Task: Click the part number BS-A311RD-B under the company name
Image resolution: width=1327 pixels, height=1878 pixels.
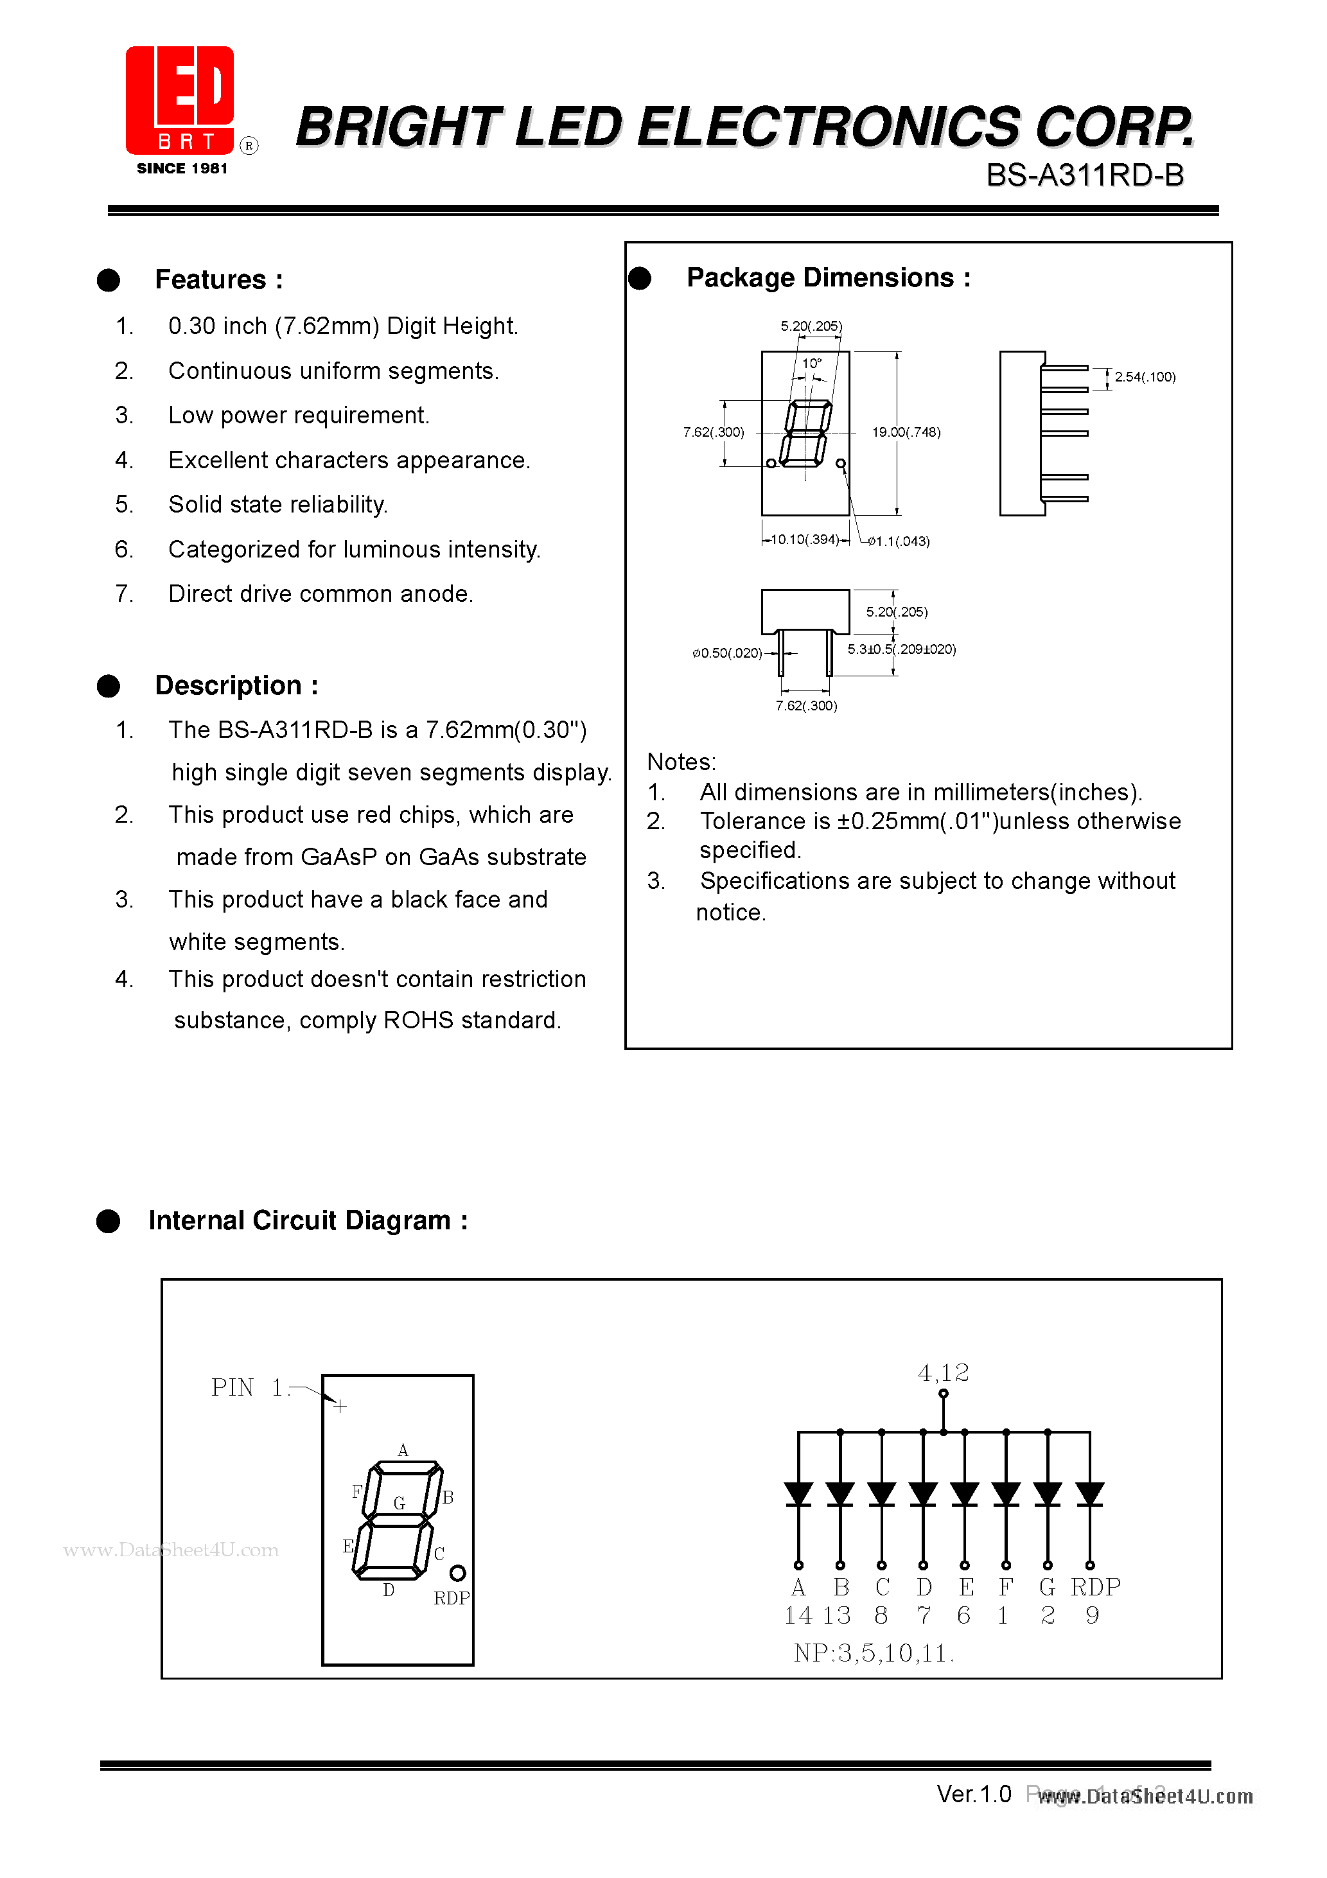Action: click(x=1084, y=175)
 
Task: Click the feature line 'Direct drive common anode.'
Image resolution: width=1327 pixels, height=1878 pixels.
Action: click(x=321, y=594)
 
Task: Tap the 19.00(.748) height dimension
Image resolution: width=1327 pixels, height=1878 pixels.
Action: click(x=906, y=432)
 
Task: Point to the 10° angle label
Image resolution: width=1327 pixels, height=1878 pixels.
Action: click(x=811, y=363)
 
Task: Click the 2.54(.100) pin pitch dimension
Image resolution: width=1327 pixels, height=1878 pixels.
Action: click(x=1145, y=377)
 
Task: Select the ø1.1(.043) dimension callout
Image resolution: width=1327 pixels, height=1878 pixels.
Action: click(x=899, y=541)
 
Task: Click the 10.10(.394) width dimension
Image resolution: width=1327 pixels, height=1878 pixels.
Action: click(x=805, y=539)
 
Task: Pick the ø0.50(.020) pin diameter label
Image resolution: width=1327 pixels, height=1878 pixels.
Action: click(x=726, y=653)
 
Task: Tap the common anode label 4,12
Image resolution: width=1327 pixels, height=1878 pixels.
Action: click(x=944, y=1373)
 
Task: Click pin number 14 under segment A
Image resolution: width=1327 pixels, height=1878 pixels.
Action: click(x=798, y=1615)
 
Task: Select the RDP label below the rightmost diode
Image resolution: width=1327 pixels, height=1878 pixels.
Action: click(x=1094, y=1587)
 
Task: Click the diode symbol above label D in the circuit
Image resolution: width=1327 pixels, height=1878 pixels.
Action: click(x=923, y=1493)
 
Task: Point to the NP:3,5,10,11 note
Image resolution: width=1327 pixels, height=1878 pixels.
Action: click(x=873, y=1653)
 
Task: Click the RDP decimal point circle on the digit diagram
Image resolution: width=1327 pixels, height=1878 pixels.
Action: click(x=457, y=1573)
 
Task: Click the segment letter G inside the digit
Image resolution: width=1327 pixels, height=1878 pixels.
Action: click(x=400, y=1502)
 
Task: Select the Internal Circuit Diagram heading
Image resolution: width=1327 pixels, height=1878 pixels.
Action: click(x=308, y=1220)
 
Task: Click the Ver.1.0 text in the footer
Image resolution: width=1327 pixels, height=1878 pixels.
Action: click(x=974, y=1794)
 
